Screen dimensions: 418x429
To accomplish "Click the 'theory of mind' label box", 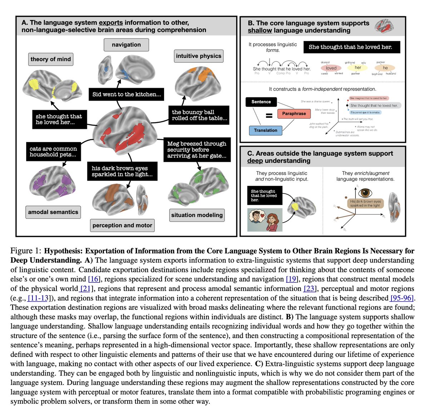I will pyautogui.click(x=51, y=59).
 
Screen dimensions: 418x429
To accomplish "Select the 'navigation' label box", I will pyautogui.click(x=126, y=45).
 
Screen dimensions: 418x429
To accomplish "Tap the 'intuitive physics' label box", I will pyautogui.click(x=199, y=56).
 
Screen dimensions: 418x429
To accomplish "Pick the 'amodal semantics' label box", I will pyautogui.click(x=53, y=212).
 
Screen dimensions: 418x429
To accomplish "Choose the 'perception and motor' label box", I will pyautogui.click(x=122, y=225).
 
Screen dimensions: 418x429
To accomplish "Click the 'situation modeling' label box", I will pyautogui.click(x=197, y=215).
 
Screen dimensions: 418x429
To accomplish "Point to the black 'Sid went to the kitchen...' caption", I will pyautogui.click(x=127, y=94).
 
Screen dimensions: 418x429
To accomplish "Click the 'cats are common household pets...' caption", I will pyautogui.click(x=53, y=152).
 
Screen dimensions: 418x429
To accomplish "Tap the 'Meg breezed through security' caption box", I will pyautogui.click(x=197, y=150).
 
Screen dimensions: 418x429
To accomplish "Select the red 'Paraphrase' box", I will pyautogui.click(x=294, y=114).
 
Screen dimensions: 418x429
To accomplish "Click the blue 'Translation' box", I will pyautogui.click(x=266, y=130).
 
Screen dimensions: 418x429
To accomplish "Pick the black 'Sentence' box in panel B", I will pyautogui.click(x=261, y=102).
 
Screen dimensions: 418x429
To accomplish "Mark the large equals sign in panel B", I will pyautogui.click(x=270, y=115).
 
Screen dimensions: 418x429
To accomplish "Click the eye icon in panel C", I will pyautogui.click(x=365, y=193).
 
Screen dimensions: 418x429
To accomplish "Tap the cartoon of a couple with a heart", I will pyautogui.click(x=265, y=220).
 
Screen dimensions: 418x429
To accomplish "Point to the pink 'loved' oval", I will pyautogui.click(x=331, y=68).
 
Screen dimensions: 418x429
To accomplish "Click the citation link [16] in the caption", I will pyautogui.click(x=94, y=279).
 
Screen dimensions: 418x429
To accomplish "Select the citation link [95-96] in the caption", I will pyautogui.click(x=402, y=298).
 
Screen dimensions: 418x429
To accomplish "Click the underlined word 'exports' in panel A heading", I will pyautogui.click(x=111, y=22).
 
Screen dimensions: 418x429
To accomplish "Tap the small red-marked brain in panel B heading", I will pyautogui.click(x=385, y=26).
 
